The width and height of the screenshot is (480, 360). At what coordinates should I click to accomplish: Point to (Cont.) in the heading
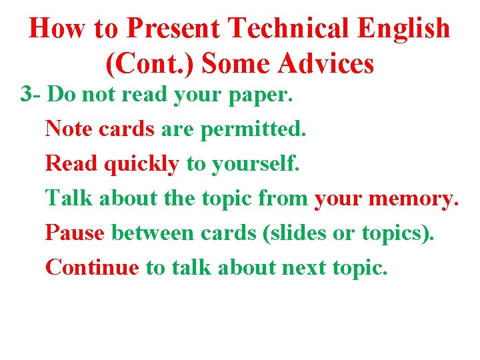(x=150, y=63)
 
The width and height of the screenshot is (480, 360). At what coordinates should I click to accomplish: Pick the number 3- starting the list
(x=31, y=94)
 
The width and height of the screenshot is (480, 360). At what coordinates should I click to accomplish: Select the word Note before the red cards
(x=69, y=129)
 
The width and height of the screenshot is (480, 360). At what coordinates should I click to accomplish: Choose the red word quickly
(x=141, y=163)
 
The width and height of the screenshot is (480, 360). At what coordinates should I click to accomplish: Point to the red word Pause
(x=75, y=233)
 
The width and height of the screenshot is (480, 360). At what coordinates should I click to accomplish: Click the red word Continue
(x=92, y=267)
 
